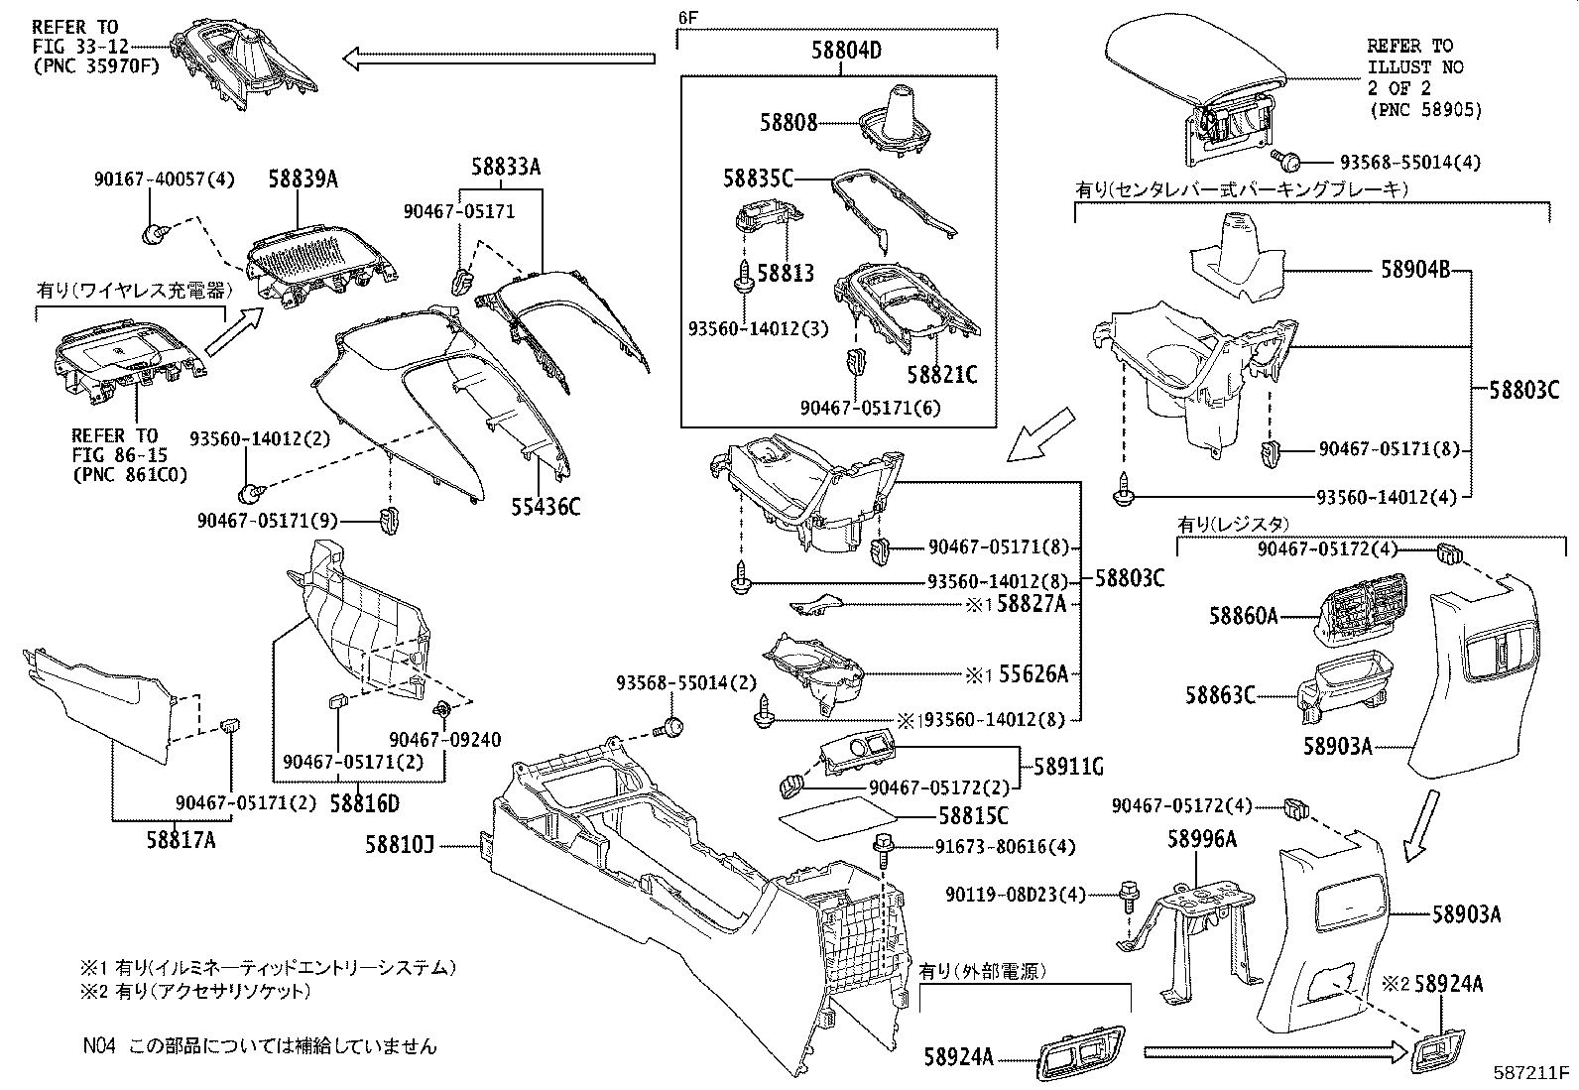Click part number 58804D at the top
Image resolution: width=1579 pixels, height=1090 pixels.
point(840,50)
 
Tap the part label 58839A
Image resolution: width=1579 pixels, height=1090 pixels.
point(303,179)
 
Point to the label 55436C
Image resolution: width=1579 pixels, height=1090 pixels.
point(547,507)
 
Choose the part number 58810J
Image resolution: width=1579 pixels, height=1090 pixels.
point(399,845)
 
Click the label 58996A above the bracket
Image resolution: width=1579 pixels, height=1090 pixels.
point(1201,840)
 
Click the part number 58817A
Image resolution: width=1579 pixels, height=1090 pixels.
point(181,841)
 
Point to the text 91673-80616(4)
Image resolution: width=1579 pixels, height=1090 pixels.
point(1005,847)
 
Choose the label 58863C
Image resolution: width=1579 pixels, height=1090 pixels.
point(1219,695)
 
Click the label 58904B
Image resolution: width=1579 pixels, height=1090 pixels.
point(1415,269)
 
